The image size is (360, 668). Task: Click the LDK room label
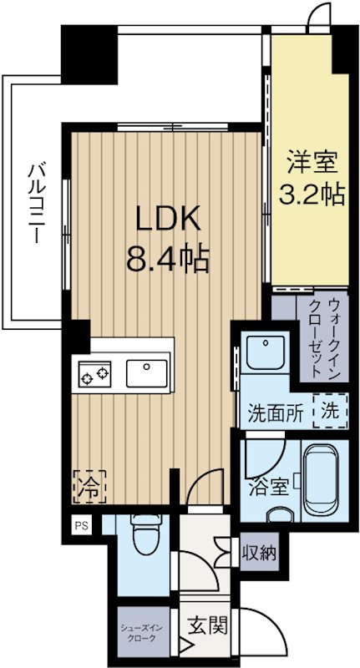tap(168, 219)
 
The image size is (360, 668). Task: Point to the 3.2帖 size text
tap(311, 195)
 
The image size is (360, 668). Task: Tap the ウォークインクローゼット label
tap(322, 337)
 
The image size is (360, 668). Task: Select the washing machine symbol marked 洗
tap(329, 411)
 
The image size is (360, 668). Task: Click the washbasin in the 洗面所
tap(266, 355)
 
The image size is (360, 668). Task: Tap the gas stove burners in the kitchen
tap(97, 373)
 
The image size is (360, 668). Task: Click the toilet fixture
tap(145, 534)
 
